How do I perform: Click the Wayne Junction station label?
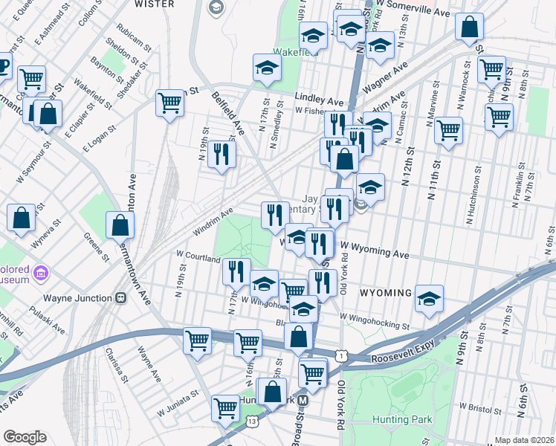(74, 298)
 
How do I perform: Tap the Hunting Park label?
(404, 419)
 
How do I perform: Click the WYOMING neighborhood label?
(385, 293)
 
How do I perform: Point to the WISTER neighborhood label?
(154, 4)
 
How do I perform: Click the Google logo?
(24, 437)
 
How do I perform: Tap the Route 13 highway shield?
(253, 421)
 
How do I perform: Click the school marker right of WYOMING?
(429, 297)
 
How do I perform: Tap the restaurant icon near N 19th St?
(222, 154)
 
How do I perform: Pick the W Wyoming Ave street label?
(375, 250)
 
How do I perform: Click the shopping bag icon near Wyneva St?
(21, 218)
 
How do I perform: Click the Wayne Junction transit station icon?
(120, 298)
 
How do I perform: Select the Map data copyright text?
(524, 440)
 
